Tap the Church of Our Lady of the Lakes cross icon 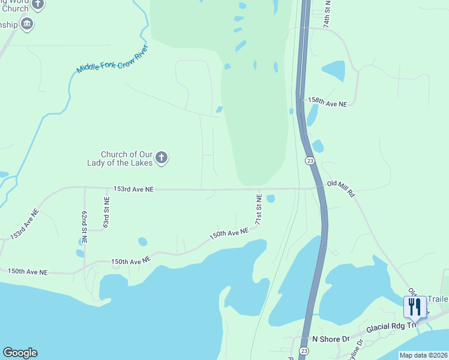(161, 158)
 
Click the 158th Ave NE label (328, 103)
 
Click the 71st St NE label (259, 209)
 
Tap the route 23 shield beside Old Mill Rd (309, 161)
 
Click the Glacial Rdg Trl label (392, 324)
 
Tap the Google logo (20, 353)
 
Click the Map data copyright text (423, 355)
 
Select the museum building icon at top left (26, 24)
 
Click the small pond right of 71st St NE (271, 199)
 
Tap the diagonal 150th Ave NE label (229, 234)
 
